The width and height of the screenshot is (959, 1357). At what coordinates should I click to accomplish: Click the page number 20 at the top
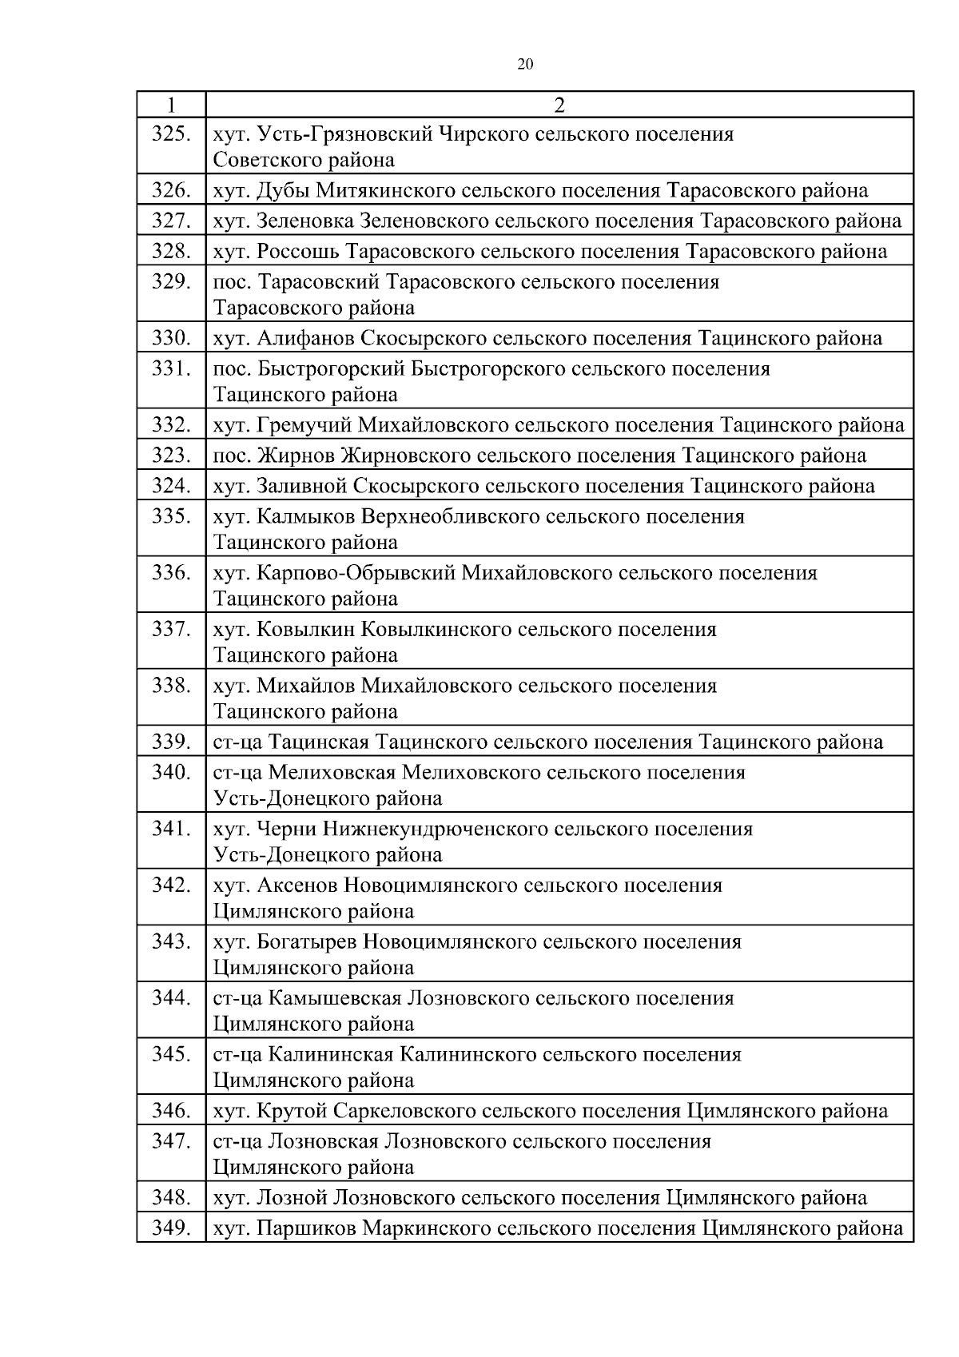525,65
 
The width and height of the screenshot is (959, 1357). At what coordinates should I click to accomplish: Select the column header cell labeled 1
171,105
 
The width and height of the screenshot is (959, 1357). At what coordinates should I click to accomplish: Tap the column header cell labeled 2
559,105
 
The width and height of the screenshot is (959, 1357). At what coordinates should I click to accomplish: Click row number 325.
171,134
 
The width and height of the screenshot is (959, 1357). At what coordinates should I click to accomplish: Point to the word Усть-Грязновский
346,134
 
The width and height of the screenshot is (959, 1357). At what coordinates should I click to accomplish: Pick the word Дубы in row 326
284,191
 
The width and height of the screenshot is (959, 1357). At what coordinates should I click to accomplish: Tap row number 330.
171,339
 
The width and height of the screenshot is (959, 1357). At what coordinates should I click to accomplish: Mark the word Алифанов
306,339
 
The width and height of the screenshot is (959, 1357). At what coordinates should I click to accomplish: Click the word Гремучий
305,425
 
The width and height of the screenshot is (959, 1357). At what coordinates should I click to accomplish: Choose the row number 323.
171,456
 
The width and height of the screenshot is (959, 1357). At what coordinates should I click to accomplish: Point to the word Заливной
302,486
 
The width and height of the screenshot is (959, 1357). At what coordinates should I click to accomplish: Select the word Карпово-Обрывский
356,573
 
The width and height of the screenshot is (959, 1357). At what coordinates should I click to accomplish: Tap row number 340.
171,773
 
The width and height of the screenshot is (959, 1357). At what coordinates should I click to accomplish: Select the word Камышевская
334,998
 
